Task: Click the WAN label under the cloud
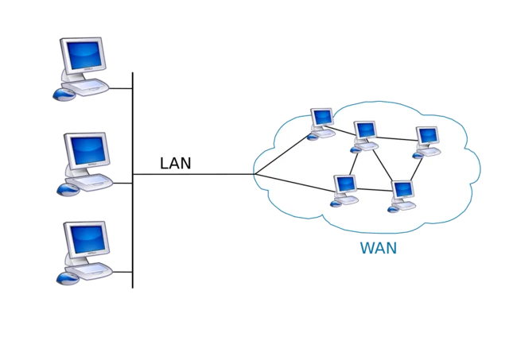[x=378, y=249]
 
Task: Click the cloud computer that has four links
[x=364, y=133]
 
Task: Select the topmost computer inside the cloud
[x=321, y=119]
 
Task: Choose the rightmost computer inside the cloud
[x=428, y=137]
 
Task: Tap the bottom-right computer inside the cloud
[x=402, y=192]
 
